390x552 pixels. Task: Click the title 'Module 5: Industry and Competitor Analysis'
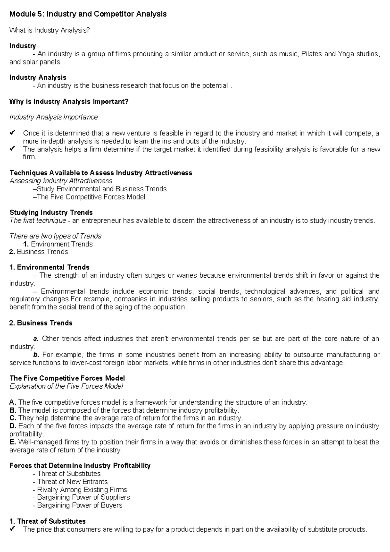[88, 14]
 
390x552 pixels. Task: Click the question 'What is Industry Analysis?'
[49, 30]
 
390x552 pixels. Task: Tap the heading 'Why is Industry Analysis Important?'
[69, 102]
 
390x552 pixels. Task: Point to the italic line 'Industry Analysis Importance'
[54, 117]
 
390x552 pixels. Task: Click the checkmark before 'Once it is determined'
[13, 133]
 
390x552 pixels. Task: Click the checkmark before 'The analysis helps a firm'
[13, 149]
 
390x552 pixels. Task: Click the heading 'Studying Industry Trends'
[51, 213]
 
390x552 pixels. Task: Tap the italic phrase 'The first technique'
[38, 221]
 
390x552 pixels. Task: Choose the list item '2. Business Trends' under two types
[39, 252]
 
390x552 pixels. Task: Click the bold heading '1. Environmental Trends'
[49, 268]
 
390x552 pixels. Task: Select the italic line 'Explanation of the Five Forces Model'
[66, 386]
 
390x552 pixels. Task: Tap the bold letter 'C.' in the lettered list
[13, 418]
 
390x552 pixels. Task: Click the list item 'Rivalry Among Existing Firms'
[82, 490]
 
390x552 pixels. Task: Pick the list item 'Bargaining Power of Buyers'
[79, 505]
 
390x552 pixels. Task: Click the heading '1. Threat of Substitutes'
[47, 521]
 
